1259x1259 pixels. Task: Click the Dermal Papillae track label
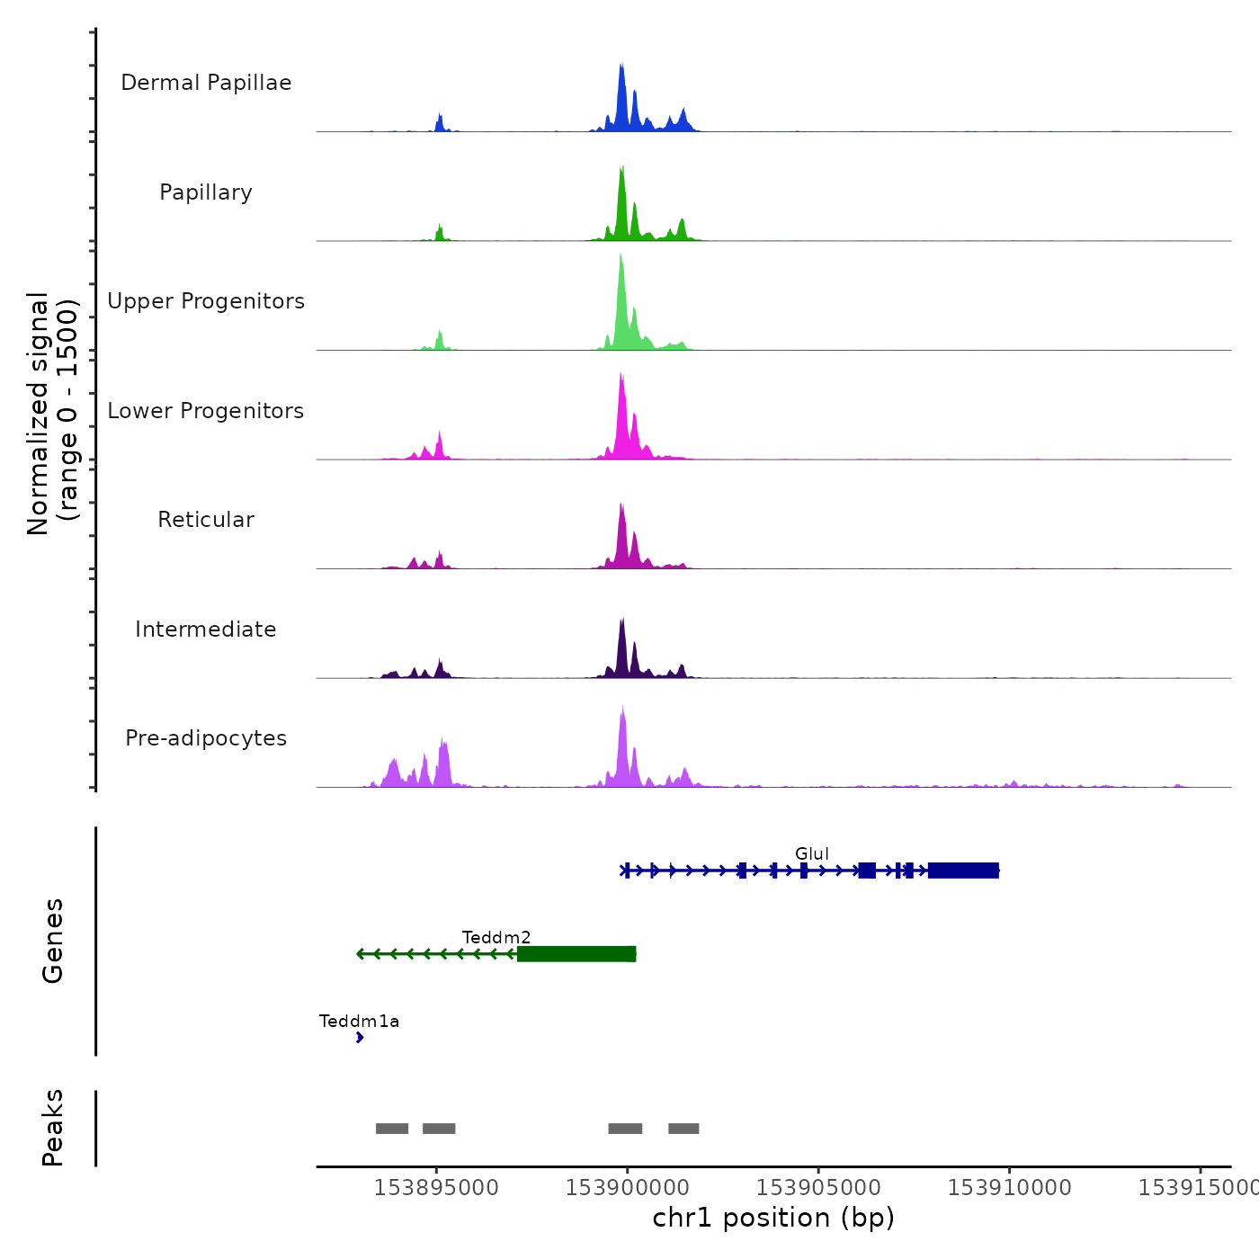click(206, 83)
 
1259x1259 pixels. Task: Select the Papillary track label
click(206, 192)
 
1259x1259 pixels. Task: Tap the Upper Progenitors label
click(206, 301)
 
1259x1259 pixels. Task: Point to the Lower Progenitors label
click(206, 411)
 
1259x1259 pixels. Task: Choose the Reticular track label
click(206, 520)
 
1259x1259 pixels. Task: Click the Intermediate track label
click(206, 629)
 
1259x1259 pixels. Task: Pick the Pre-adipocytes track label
click(206, 738)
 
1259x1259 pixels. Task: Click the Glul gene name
click(811, 853)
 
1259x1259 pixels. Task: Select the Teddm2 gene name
click(496, 937)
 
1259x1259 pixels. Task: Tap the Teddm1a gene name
click(359, 1021)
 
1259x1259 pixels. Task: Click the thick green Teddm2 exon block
click(576, 954)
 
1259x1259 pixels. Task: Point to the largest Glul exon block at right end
click(963, 871)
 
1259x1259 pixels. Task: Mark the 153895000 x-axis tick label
click(436, 1187)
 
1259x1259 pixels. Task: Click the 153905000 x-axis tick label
click(818, 1187)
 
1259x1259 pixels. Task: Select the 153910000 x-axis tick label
click(1009, 1187)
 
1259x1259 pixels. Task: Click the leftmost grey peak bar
click(392, 1129)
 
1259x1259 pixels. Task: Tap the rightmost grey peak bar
click(683, 1129)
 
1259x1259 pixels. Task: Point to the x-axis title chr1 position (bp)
click(773, 1218)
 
